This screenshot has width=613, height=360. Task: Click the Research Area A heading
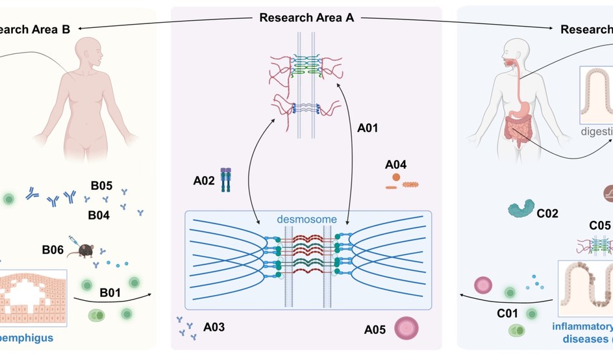point(306,18)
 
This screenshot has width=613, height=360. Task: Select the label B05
point(102,186)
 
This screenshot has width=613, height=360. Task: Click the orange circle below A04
point(395,177)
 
